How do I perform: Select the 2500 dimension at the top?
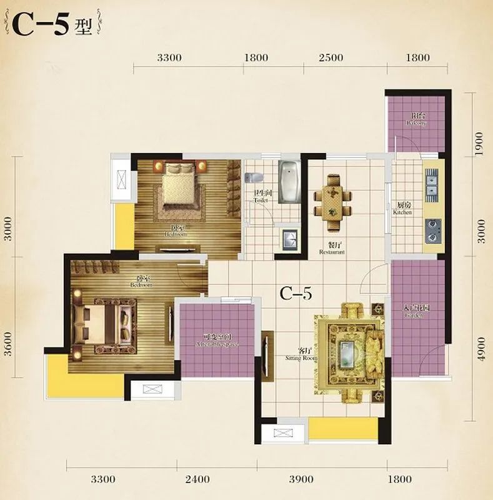(331, 58)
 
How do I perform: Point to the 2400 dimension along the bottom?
(197, 479)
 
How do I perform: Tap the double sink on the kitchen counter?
(431, 182)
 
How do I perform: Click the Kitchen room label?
(403, 209)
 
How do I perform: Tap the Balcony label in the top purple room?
(416, 119)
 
